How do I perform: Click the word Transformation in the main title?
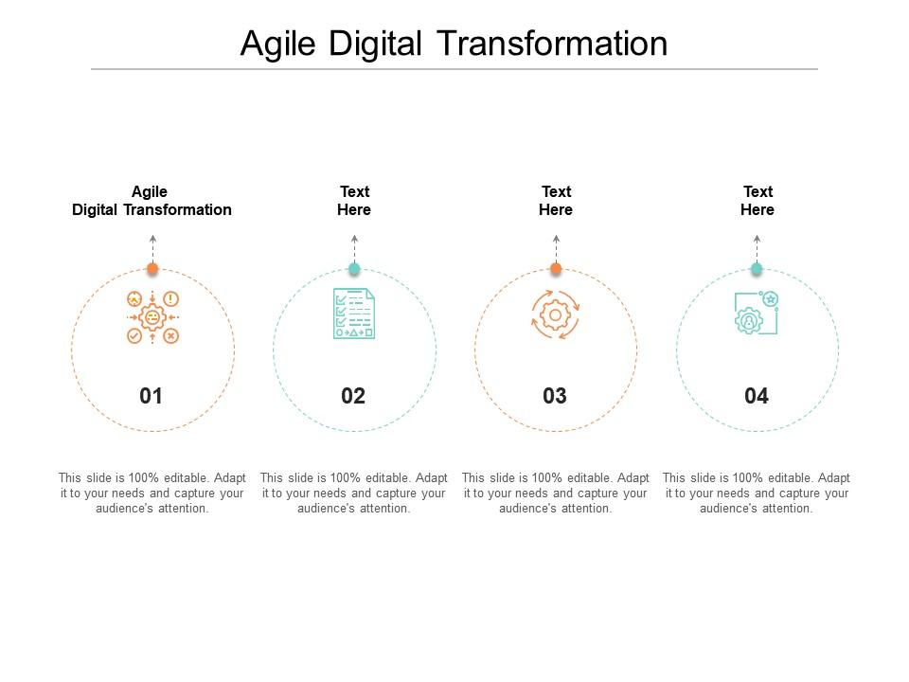coord(552,44)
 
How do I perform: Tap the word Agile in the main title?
coord(278,45)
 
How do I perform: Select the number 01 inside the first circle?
coord(151,396)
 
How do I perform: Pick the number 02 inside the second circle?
coord(353,396)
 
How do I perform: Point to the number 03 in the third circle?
coord(555,396)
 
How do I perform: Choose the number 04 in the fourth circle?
coord(757,396)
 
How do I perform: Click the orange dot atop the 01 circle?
coord(152,268)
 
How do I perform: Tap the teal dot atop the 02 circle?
coord(354,268)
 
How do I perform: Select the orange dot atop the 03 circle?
coord(556,268)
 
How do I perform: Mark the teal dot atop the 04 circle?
coord(757,268)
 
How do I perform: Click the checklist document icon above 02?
coord(353,314)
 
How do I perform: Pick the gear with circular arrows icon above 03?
coord(556,314)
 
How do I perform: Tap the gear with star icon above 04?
coord(756,314)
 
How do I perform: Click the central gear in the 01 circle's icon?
coord(152,317)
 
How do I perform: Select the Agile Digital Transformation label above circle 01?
coord(151,201)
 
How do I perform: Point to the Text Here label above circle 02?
coord(354,201)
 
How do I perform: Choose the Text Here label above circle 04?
coord(757,201)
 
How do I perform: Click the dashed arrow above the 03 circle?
coord(556,249)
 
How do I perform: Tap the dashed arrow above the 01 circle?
coord(152,249)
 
